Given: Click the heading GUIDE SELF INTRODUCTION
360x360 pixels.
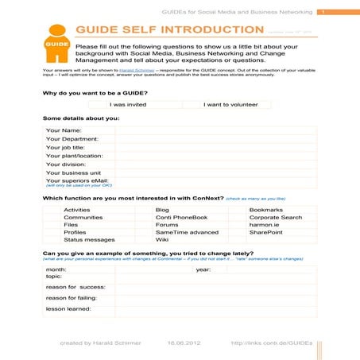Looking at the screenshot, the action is [169, 29].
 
